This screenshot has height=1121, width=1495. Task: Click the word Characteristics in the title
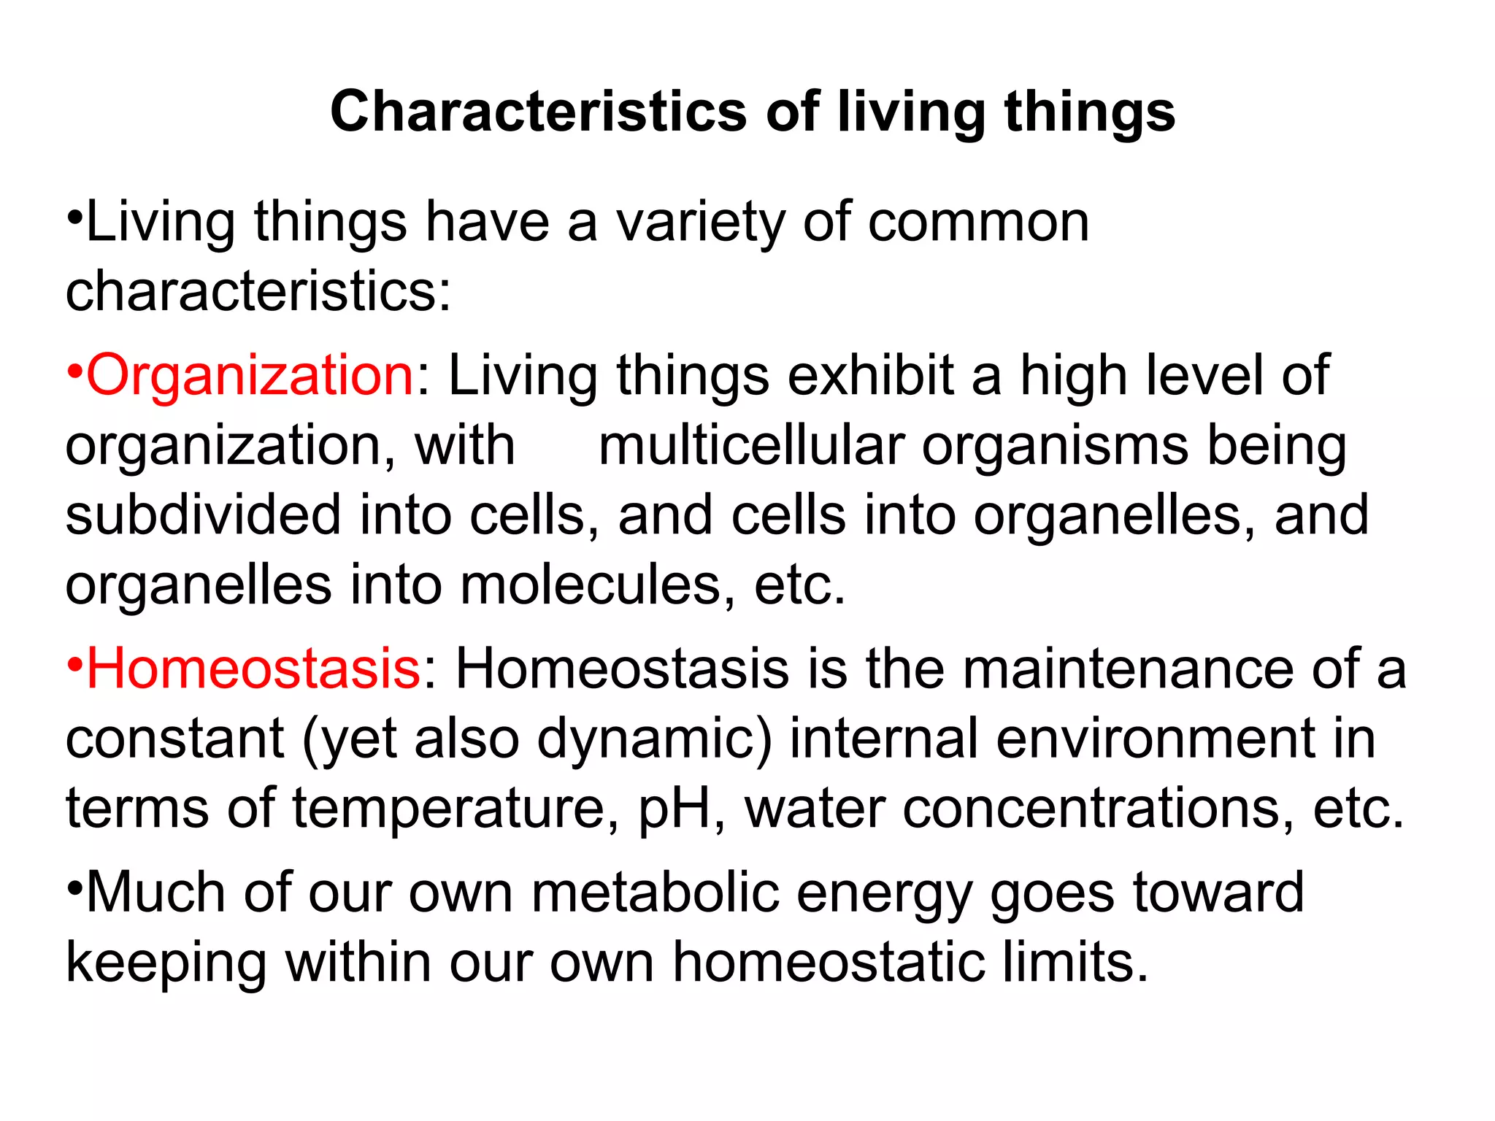(x=539, y=112)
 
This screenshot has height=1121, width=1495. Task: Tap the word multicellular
(x=751, y=445)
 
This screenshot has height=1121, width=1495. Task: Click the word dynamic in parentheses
(x=655, y=739)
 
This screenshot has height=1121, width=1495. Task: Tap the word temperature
(x=449, y=809)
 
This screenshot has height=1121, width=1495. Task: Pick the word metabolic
(x=655, y=892)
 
